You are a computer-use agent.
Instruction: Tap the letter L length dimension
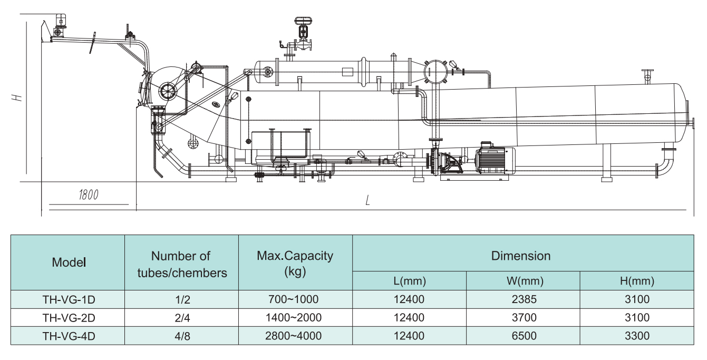pyautogui.click(x=367, y=200)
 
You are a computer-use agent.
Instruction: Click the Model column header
pyautogui.click(x=69, y=262)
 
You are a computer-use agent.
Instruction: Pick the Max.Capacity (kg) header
pyautogui.click(x=295, y=262)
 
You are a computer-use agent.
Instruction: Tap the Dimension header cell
pyautogui.click(x=521, y=256)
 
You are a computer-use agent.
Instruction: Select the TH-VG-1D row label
pyautogui.click(x=69, y=299)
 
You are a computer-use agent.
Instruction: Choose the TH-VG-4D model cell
pyautogui.click(x=69, y=336)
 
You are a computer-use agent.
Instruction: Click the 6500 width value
pyautogui.click(x=523, y=336)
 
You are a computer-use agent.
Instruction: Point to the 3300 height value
pyautogui.click(x=637, y=336)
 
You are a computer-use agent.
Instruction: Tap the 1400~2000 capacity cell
pyautogui.click(x=295, y=318)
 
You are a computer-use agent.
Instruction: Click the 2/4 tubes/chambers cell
pyautogui.click(x=181, y=318)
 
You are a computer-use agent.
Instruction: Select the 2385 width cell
pyautogui.click(x=523, y=299)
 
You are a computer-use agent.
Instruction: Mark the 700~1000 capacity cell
pyautogui.click(x=295, y=299)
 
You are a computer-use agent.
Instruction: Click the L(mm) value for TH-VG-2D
pyautogui.click(x=409, y=318)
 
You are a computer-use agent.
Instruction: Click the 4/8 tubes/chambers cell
pyautogui.click(x=181, y=336)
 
